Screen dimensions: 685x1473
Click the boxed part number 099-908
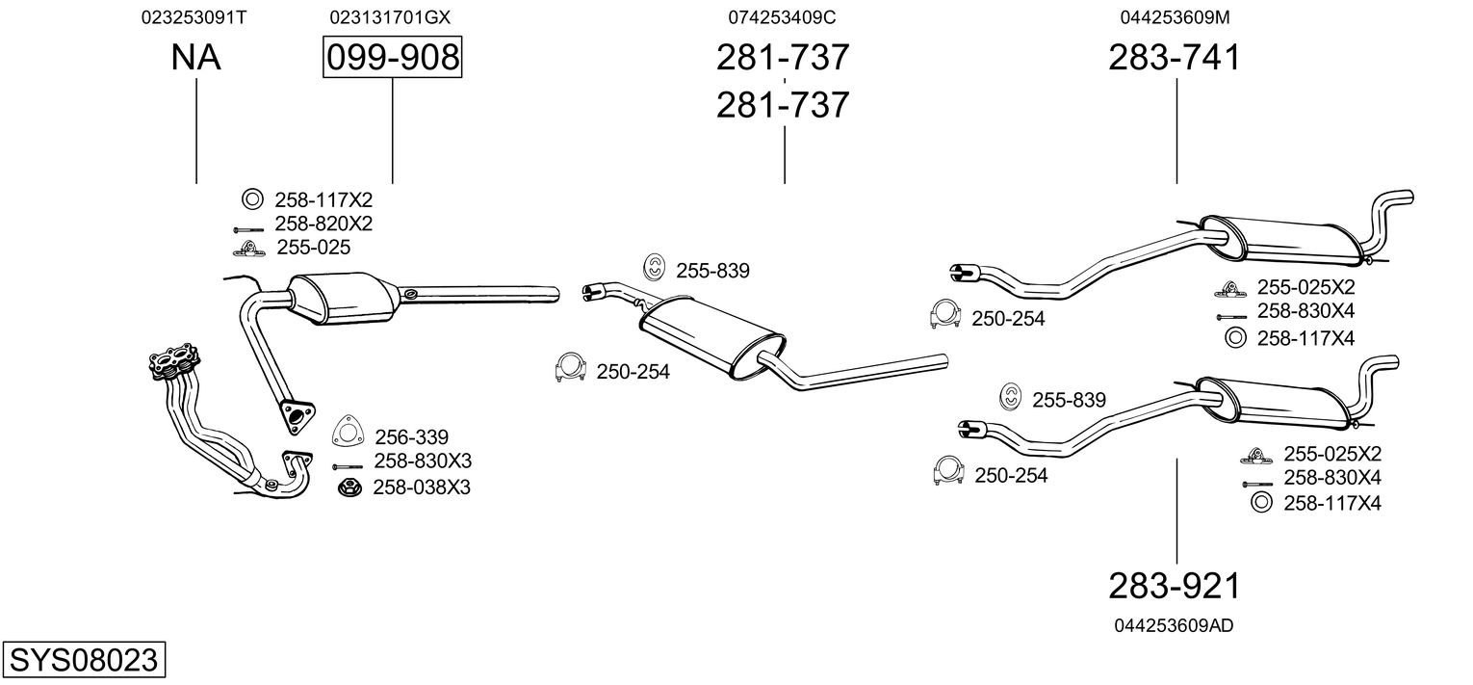pos(392,58)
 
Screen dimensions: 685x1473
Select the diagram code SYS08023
pos(83,661)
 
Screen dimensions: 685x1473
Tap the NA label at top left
pos(195,58)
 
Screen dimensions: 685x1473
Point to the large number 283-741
pos(1175,58)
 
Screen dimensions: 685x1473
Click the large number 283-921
pos(1175,586)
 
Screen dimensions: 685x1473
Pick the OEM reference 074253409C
pos(782,17)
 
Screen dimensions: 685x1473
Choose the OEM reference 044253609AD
pos(1174,625)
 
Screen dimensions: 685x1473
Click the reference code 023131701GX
pos(390,17)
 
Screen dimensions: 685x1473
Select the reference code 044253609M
pos(1175,17)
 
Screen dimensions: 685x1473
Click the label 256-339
pos(411,437)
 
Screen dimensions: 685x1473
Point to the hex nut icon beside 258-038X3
pos(349,487)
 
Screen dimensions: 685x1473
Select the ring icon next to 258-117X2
pos(251,199)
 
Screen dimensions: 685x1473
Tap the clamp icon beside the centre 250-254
pos(572,369)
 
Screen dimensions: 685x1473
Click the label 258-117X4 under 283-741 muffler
pos(1305,338)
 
